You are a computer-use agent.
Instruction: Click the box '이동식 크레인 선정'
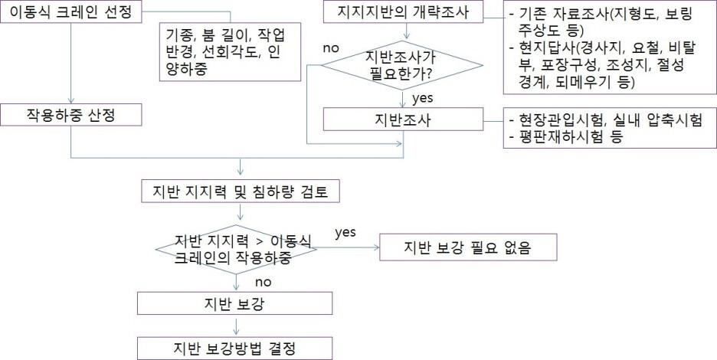pos(70,13)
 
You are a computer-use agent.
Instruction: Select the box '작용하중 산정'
pos(70,115)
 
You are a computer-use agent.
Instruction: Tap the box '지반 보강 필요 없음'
pos(467,247)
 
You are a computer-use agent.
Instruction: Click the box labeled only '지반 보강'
pos(234,303)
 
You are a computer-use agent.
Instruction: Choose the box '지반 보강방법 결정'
pos(234,347)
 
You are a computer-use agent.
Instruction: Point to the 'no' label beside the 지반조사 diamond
pos(331,47)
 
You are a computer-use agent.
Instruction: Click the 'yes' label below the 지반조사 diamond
pos(424,98)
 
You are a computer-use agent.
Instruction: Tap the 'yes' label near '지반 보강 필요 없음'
pos(345,232)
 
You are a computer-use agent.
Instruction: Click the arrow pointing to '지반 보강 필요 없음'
pos(349,247)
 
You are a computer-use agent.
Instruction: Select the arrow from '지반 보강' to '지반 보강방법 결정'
pos(235,326)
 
